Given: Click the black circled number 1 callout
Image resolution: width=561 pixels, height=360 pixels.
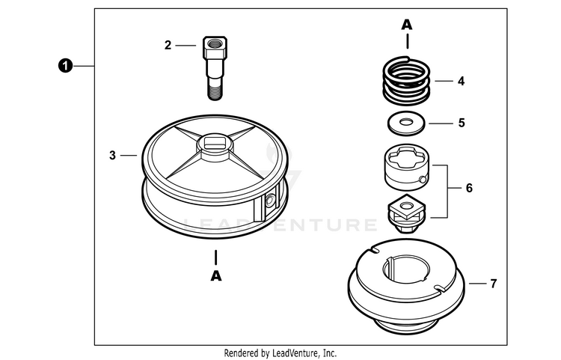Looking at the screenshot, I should (66, 67).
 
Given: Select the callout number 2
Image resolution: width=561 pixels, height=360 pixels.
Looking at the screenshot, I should (168, 45).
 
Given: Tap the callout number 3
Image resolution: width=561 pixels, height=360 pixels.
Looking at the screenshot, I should (112, 156).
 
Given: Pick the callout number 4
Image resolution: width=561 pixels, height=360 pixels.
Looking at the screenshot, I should (462, 80).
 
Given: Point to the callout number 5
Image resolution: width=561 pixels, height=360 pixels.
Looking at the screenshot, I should (462, 122).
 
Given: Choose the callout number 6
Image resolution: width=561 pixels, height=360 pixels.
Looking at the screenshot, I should (469, 187).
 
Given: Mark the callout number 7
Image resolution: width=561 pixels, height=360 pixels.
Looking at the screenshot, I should (493, 284).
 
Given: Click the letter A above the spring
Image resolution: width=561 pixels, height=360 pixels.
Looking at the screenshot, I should (407, 25).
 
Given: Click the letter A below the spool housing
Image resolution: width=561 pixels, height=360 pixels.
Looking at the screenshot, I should (216, 275).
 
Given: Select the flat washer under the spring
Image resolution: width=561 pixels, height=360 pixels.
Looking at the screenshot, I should (406, 122).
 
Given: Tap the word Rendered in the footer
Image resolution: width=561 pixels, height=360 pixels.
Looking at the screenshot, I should (243, 353).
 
